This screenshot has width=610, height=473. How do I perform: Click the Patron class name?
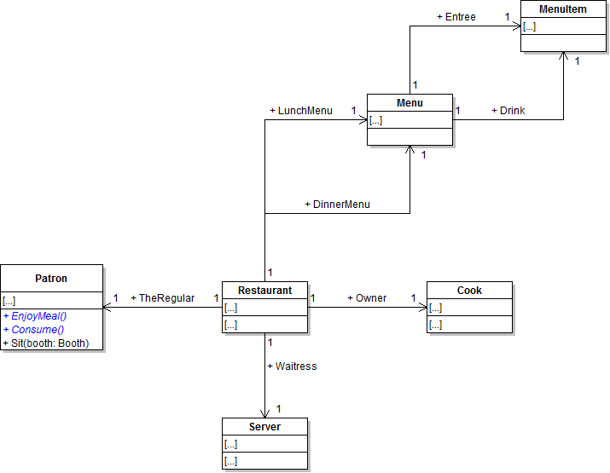click(51, 278)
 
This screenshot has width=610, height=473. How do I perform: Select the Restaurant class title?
click(264, 291)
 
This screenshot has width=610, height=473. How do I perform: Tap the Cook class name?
click(469, 291)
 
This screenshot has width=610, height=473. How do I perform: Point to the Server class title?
click(264, 427)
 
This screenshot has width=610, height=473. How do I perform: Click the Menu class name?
click(410, 103)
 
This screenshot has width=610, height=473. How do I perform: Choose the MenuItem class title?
click(563, 9)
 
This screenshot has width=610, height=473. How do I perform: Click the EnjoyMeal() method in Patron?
click(38, 316)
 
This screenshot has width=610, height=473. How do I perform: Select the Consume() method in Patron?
click(38, 330)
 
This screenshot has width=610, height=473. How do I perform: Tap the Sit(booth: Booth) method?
click(51, 343)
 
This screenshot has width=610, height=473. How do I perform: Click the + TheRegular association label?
click(162, 298)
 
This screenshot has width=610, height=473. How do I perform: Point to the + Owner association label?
click(367, 298)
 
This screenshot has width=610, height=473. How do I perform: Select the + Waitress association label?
click(292, 366)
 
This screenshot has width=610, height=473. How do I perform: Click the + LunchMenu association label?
click(301, 111)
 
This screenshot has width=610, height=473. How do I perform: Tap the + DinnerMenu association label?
click(337, 205)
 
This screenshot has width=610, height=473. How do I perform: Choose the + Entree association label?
click(456, 17)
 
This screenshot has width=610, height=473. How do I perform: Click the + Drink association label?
click(508, 111)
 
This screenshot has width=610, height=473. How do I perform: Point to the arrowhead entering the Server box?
click(264, 412)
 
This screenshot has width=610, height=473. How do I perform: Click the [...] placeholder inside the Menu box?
click(375, 121)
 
